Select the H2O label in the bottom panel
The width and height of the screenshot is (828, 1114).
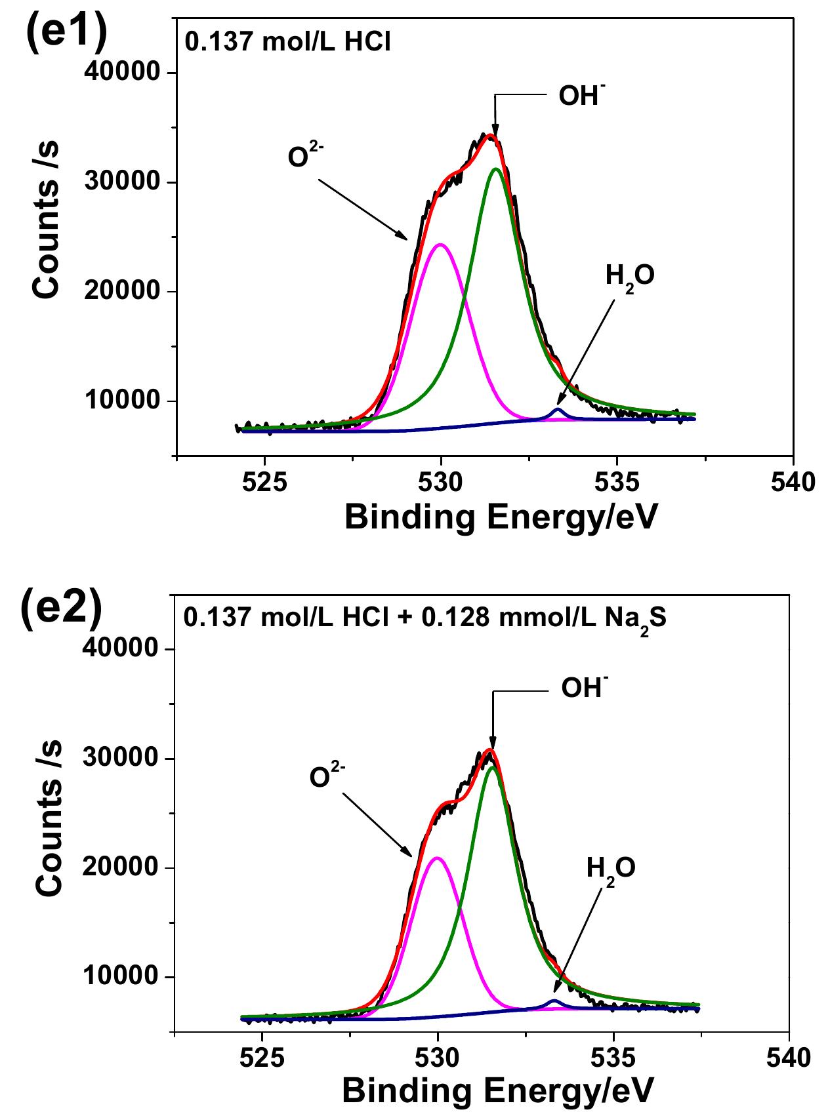(x=610, y=869)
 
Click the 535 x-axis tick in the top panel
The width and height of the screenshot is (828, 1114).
(x=617, y=483)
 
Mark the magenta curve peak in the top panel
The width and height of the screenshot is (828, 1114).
(x=440, y=245)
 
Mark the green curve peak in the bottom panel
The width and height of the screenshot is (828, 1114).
(x=492, y=767)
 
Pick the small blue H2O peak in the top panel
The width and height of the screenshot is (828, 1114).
(x=558, y=410)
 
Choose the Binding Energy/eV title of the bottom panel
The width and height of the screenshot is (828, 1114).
(x=497, y=1092)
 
